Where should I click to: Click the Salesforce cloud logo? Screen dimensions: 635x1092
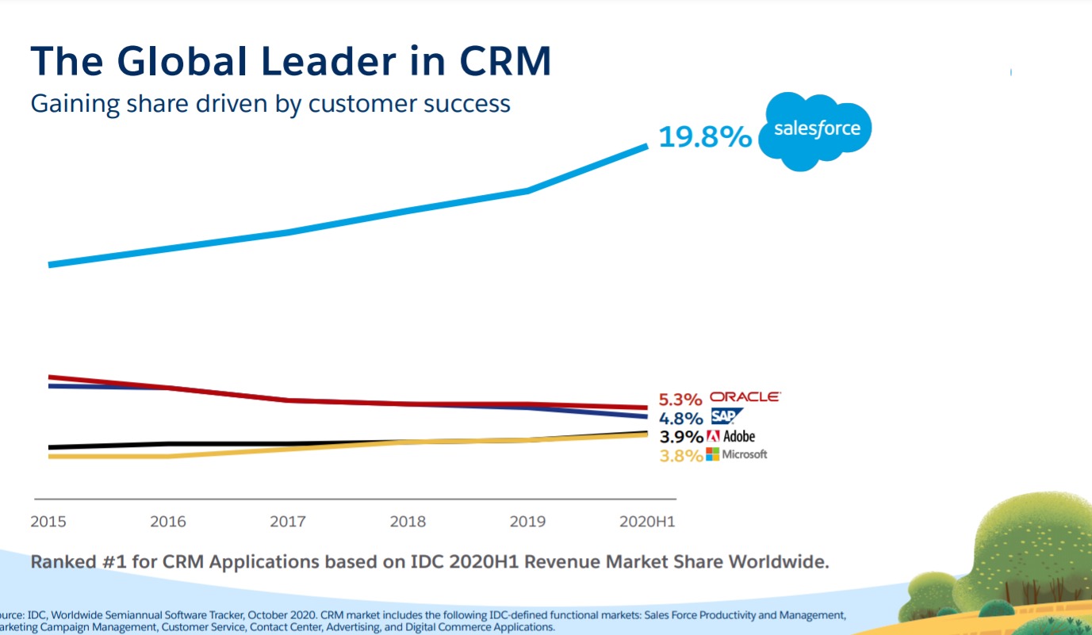click(x=815, y=131)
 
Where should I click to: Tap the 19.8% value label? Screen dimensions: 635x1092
click(x=704, y=137)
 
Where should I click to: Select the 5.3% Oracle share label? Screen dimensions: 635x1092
click(x=680, y=400)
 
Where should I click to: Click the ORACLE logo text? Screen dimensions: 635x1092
click(x=744, y=396)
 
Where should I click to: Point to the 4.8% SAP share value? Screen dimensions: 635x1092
click(x=680, y=419)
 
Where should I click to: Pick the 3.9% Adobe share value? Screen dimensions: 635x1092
click(x=680, y=437)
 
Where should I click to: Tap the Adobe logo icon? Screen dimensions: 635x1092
click(x=712, y=436)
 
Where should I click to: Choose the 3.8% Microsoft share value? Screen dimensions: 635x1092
click(x=680, y=456)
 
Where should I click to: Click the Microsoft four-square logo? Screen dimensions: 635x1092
click(x=712, y=454)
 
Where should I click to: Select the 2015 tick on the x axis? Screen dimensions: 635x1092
click(x=48, y=522)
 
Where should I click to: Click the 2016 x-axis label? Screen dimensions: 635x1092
click(x=168, y=522)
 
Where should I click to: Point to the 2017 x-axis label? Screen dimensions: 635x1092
click(x=288, y=522)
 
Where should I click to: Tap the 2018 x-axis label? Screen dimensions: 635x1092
click(x=408, y=522)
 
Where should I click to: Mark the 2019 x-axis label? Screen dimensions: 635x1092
click(x=527, y=522)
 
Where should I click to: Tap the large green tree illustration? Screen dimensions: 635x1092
click(x=1031, y=547)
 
